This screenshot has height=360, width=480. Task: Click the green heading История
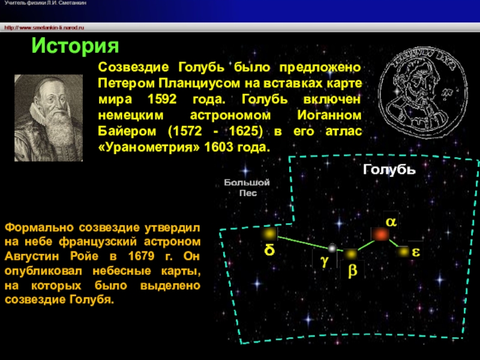coord(75,47)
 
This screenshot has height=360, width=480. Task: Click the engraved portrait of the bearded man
coord(49,118)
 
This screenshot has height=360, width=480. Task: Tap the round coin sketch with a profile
coord(424,93)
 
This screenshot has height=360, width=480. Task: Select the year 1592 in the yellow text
coord(162,99)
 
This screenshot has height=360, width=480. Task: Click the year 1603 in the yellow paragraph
coord(218,147)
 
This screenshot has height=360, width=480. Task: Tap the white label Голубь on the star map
coord(389,170)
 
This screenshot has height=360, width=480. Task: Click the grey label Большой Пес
coord(247,188)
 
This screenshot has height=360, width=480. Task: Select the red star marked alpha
coord(380,235)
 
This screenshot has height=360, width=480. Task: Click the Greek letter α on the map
coord(391,221)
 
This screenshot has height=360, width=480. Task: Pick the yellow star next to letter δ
coord(269,234)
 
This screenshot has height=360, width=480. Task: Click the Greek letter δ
coord(269,250)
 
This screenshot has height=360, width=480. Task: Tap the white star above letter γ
coord(332,248)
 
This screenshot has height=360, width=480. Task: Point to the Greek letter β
coord(352,271)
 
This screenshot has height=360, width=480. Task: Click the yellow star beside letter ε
coord(403,252)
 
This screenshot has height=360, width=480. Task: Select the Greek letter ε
coord(416,252)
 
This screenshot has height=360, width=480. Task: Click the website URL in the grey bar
coord(44,28)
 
